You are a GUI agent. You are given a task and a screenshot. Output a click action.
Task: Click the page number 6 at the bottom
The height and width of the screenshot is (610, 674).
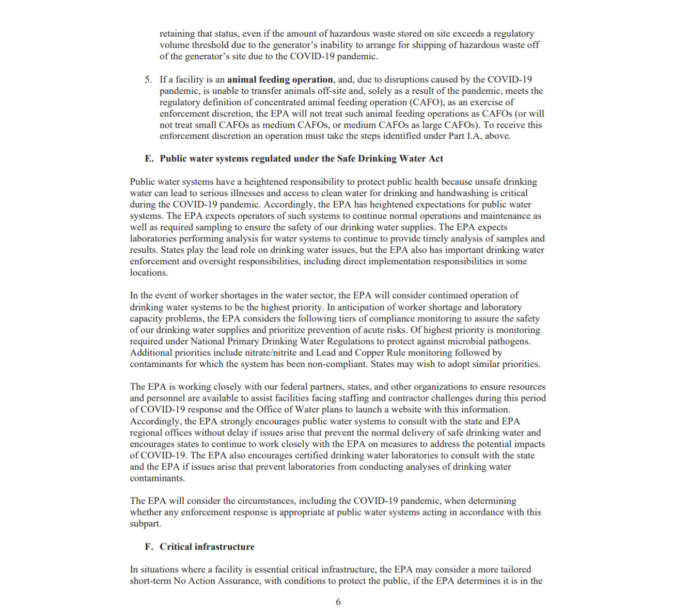pos(338,602)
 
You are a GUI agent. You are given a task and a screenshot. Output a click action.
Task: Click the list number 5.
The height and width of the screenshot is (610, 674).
pos(148,79)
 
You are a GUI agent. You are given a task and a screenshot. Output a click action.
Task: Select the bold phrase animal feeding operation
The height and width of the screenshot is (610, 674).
pos(280,79)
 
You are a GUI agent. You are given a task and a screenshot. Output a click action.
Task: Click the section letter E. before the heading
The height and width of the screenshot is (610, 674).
pos(149,159)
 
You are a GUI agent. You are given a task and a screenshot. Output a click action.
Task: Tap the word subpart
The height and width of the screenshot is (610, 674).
pos(145,523)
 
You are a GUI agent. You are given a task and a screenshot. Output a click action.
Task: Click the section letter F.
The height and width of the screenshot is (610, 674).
pos(149,547)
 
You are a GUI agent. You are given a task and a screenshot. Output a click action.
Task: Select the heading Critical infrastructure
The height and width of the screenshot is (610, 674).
pos(207,547)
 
